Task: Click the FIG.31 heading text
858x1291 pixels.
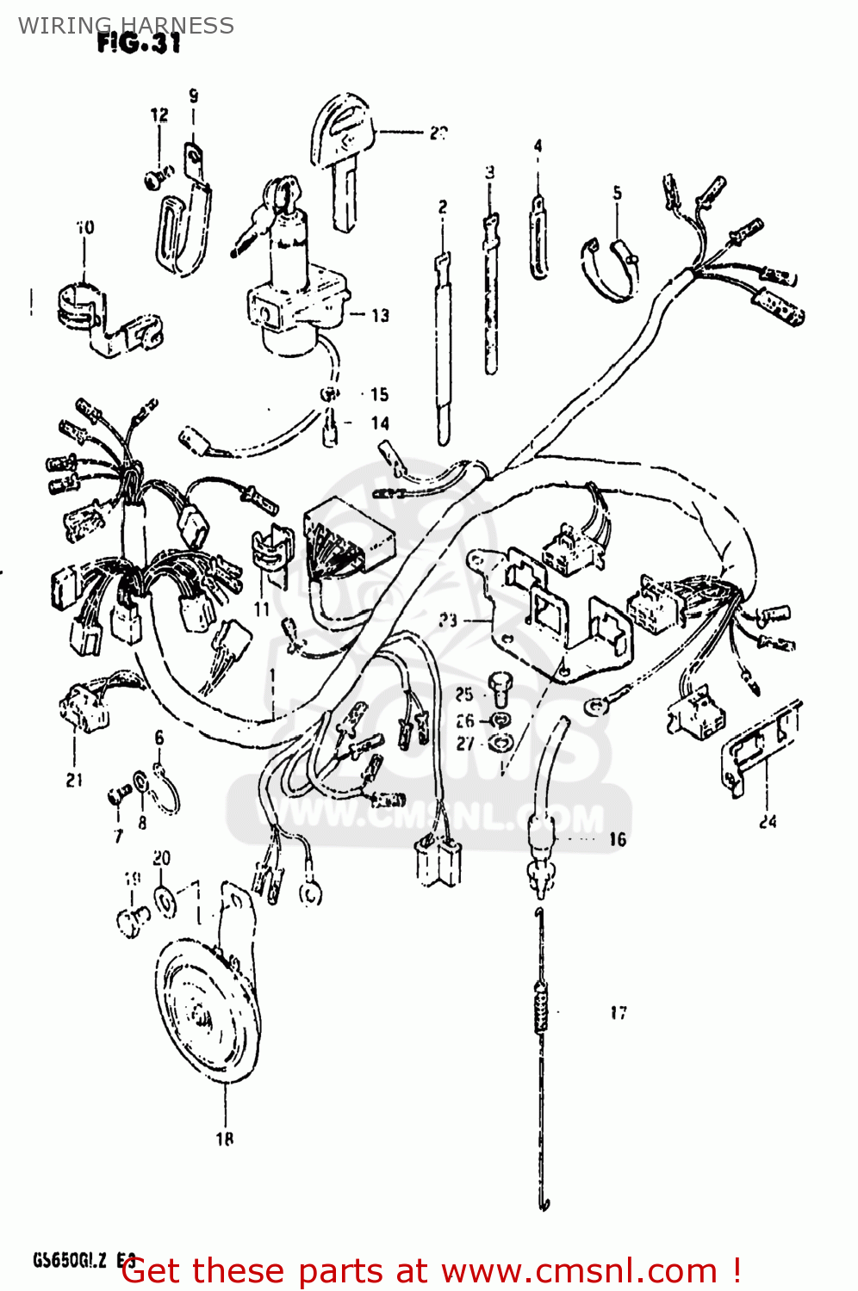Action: (138, 43)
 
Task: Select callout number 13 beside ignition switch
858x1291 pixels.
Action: (380, 316)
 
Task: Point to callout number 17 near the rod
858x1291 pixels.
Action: (619, 1013)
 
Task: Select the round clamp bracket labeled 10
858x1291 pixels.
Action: (103, 318)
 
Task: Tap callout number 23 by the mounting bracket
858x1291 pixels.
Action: (447, 620)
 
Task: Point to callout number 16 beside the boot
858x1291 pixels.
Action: (617, 839)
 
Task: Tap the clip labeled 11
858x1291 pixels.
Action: (270, 551)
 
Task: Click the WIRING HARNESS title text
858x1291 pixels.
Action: (126, 25)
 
